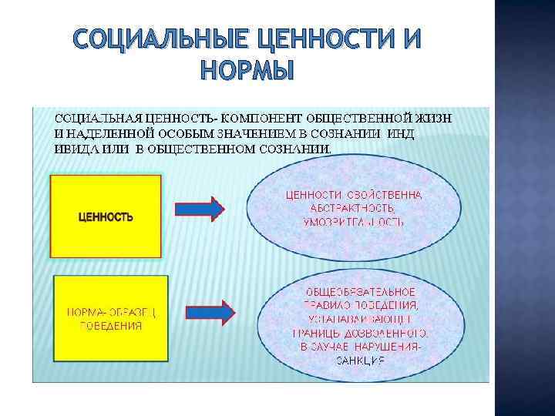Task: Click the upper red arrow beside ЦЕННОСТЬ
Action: pyautogui.click(x=200, y=209)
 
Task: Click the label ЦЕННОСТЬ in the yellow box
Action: pyautogui.click(x=106, y=216)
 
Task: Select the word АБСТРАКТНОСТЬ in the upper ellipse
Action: pyautogui.click(x=354, y=209)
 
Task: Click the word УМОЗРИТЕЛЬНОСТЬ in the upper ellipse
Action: pyautogui.click(x=354, y=223)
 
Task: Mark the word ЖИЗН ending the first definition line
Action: pyautogui.click(x=434, y=118)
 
